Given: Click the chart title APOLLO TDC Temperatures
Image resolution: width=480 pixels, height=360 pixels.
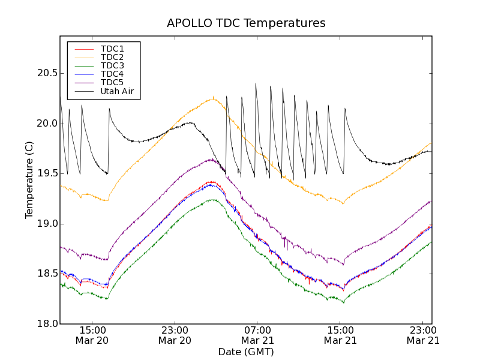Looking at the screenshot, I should (246, 23).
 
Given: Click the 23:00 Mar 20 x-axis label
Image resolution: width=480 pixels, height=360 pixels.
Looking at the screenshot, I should (175, 335).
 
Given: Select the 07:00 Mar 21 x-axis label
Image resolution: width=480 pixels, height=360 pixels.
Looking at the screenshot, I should (257, 335).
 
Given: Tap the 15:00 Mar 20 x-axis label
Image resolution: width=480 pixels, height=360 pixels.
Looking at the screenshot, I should (92, 335).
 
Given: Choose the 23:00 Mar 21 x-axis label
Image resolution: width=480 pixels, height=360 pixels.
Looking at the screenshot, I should (423, 335).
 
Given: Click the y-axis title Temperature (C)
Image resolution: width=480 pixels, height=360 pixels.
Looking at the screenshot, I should (29, 180).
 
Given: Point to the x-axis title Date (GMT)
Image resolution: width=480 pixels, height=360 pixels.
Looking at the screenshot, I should (246, 352).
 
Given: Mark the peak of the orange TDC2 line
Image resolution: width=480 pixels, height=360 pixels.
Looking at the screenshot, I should (213, 98).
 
